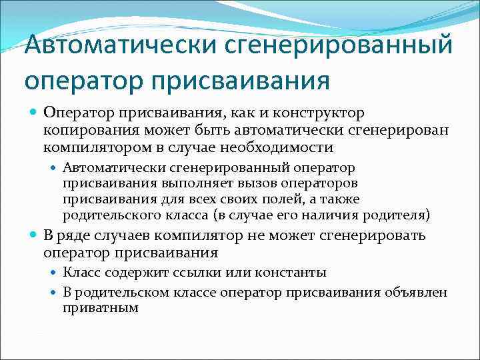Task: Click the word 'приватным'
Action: click(x=100, y=307)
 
